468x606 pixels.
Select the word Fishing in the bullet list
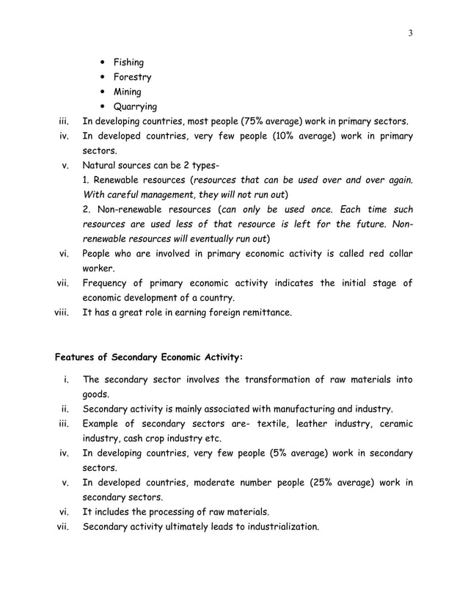point(128,62)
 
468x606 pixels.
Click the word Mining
point(127,92)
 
